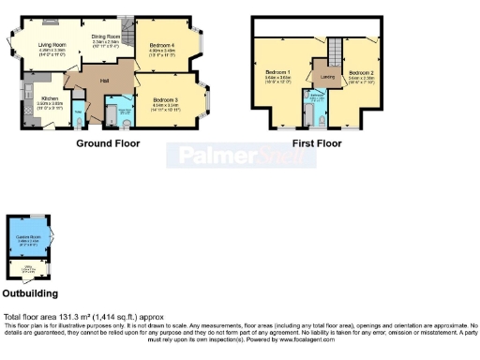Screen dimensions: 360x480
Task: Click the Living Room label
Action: (52, 44)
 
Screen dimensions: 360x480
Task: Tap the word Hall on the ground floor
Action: (106, 82)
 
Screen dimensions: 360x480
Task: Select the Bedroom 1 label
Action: (277, 72)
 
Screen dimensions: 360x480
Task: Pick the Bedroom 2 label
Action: (361, 72)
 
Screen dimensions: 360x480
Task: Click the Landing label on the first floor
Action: (327, 76)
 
